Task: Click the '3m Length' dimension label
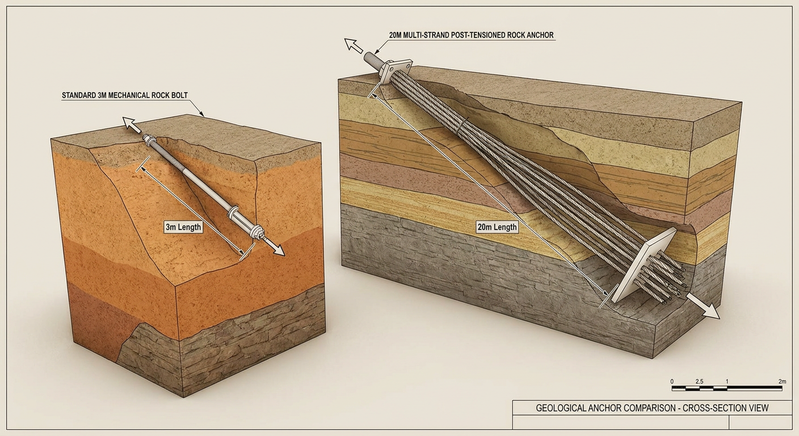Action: pos(183,227)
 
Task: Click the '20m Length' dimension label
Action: pos(497,227)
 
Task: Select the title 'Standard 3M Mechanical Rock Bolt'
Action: pos(125,95)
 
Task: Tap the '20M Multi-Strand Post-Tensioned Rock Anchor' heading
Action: pos(471,35)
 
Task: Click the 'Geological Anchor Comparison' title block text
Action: pos(653,408)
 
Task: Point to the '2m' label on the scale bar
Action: pos(782,381)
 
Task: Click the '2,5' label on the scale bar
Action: pos(699,381)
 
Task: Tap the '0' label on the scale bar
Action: pos(672,381)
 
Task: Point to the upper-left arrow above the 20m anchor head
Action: pos(353,45)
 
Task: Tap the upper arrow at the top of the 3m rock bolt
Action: pos(132,125)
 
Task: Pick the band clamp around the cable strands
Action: pos(461,125)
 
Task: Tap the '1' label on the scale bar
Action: pos(727,381)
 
